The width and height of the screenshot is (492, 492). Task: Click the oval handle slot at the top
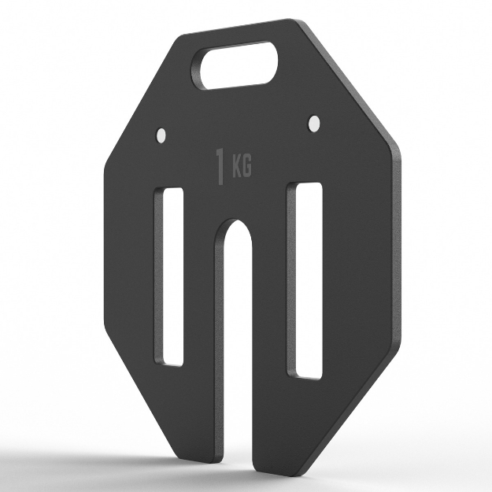point(235,65)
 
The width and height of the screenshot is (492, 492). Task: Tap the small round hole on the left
point(161,135)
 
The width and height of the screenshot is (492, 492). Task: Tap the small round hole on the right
point(314,123)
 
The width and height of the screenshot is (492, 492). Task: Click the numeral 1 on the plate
point(220,167)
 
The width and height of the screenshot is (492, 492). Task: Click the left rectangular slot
point(168,277)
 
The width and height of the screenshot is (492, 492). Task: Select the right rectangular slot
point(305,280)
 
